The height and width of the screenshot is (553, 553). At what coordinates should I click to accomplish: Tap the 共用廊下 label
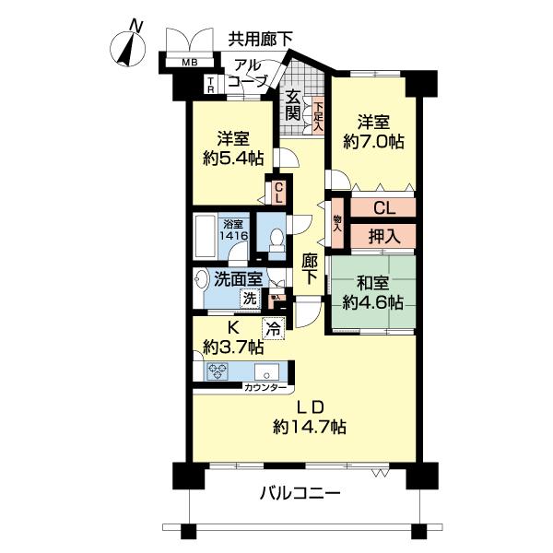tap(261, 38)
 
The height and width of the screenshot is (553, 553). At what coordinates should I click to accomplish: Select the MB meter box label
tap(188, 63)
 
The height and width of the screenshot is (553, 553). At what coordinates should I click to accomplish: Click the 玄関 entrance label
tap(292, 105)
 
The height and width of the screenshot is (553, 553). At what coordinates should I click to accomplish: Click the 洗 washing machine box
tap(249, 298)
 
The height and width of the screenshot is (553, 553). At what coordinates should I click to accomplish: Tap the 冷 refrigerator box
tap(273, 325)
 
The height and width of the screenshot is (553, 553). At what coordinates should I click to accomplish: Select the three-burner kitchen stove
tap(219, 372)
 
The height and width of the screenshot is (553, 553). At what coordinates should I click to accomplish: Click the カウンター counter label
tap(265, 388)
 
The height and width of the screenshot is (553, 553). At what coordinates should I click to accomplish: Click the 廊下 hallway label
tap(311, 268)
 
